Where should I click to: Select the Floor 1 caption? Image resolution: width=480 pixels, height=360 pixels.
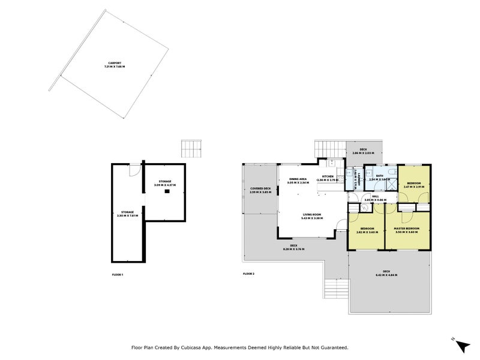point(118,274)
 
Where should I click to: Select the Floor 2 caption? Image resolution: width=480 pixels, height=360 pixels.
point(249,274)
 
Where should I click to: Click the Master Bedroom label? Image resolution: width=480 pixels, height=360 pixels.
point(406,230)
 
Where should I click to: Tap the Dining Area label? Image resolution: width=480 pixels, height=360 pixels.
point(298,180)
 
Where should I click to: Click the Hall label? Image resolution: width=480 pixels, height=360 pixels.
point(375,197)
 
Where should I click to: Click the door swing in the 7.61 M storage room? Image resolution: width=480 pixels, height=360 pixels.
point(136,172)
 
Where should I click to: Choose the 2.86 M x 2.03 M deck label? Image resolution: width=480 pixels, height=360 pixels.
point(363,151)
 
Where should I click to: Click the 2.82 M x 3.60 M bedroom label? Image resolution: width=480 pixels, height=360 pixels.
point(367,230)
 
